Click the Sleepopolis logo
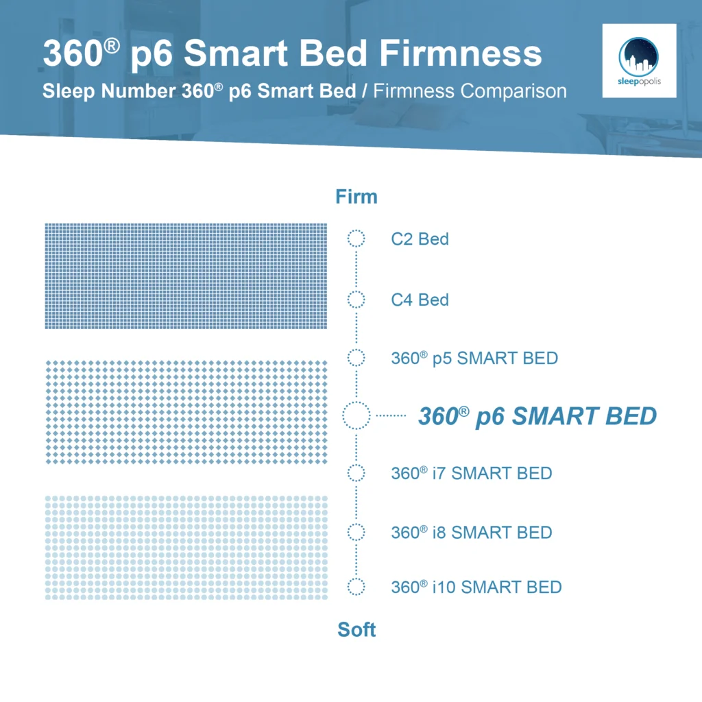coord(639,60)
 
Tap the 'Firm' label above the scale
coord(356,197)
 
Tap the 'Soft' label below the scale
coord(356,630)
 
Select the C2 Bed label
coord(420,239)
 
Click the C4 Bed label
coord(420,300)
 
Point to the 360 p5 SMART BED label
coord(474,358)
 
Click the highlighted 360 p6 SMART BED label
coord(537,415)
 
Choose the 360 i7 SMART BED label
coord(472,473)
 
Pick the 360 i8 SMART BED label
coord(472,532)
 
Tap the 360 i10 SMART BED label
coord(476,588)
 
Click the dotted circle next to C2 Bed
coord(356,239)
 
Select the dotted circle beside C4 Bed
coord(356,300)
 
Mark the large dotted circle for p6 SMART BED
coord(356,415)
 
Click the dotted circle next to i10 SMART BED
coord(356,587)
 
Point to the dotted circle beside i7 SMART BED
coord(356,473)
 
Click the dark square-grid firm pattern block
coord(186,276)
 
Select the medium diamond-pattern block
coord(186,412)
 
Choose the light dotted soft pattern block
coord(186,548)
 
